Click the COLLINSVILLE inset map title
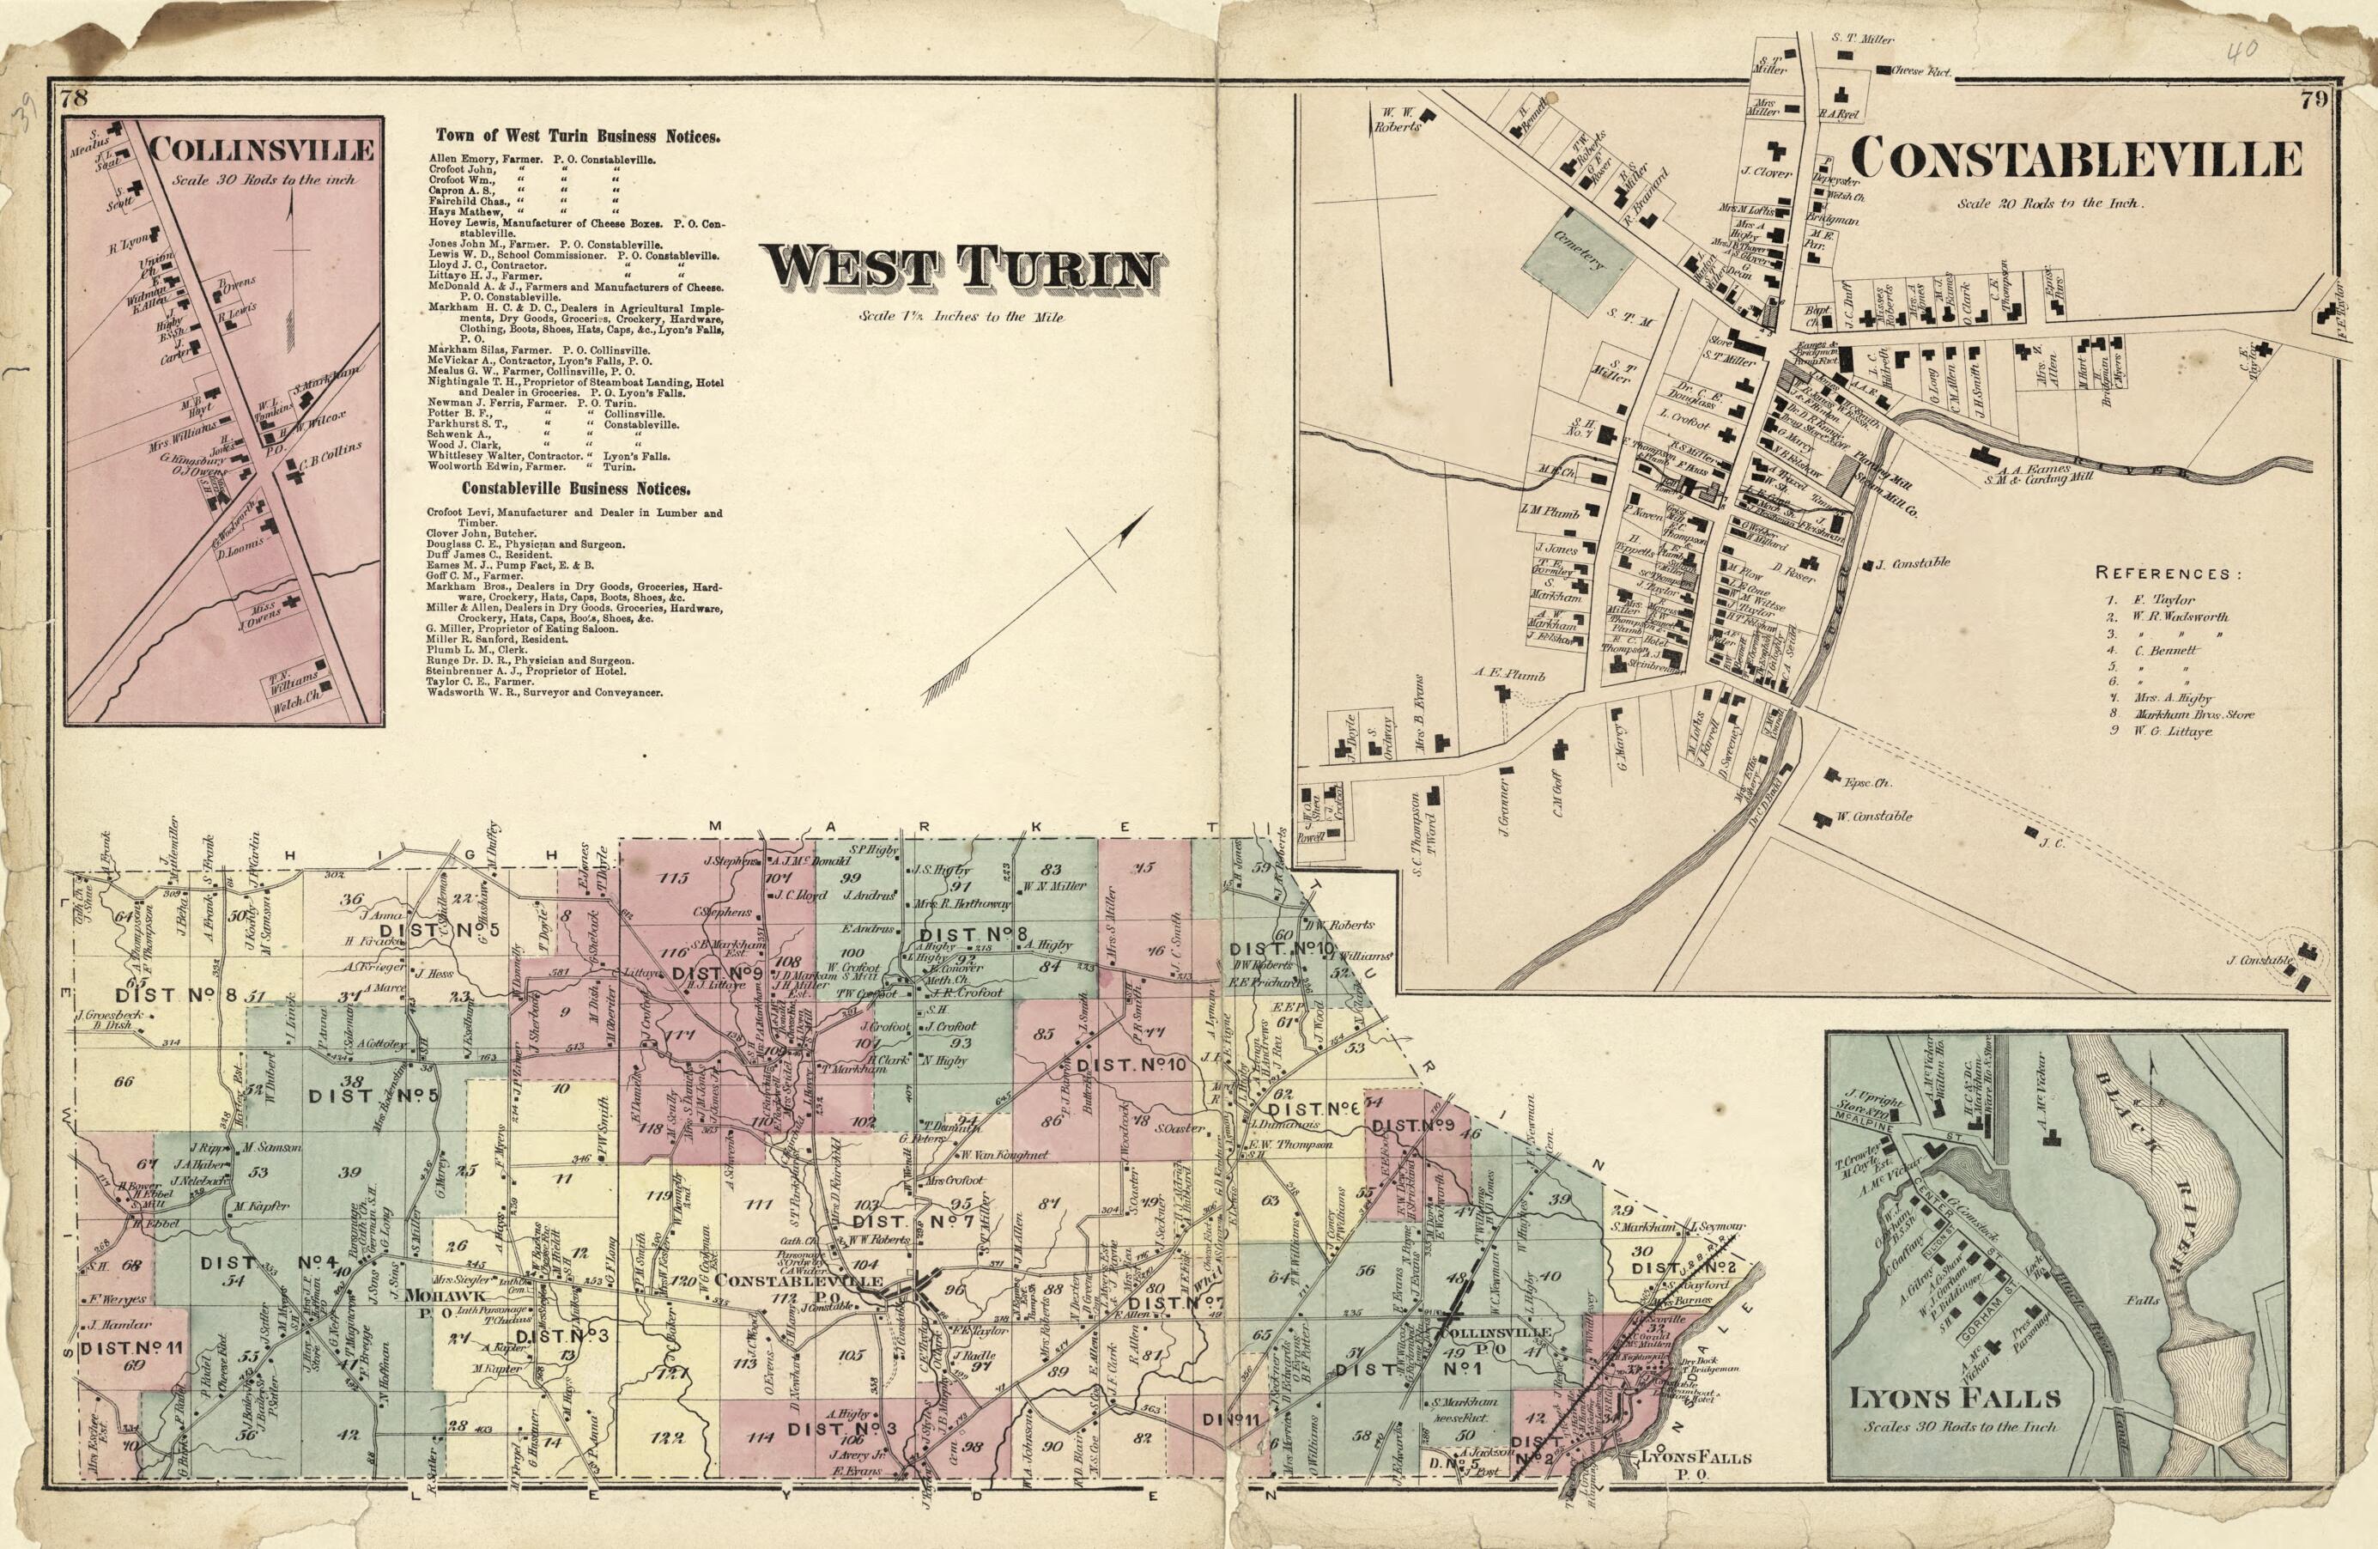click(262, 151)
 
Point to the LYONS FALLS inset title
click(1955, 1398)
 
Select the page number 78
click(75, 98)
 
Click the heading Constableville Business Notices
click(575, 489)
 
